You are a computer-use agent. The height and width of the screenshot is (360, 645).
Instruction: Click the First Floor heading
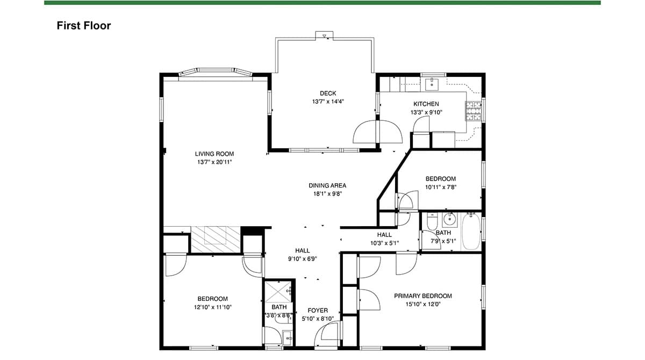coord(83,26)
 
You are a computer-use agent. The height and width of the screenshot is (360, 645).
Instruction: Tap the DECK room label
coord(328,93)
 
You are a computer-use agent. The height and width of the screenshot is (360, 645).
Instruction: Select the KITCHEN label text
coord(426,104)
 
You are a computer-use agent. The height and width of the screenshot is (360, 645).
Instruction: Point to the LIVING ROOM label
coord(214,154)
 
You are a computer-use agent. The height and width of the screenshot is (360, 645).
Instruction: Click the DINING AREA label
coord(327,185)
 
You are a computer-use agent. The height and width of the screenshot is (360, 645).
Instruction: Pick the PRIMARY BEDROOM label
coord(423,296)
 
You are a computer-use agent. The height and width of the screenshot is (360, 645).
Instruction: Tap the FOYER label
coord(318,311)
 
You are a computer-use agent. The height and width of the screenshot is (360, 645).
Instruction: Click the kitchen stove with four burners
coord(474,111)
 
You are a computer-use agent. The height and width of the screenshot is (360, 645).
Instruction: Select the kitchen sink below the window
coord(432,84)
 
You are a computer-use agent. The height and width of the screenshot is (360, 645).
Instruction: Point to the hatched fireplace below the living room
coord(216,240)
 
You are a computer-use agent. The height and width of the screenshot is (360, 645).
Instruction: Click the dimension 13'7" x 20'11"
coord(214,162)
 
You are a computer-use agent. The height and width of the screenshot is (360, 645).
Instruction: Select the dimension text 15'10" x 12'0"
coord(423,304)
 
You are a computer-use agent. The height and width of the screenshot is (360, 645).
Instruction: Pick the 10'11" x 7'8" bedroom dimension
coord(441,187)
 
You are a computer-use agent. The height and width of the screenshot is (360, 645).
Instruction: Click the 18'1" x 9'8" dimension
coord(327,194)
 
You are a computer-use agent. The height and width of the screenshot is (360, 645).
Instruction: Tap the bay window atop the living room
coord(216,72)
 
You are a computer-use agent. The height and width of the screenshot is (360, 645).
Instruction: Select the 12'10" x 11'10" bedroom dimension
coord(213,307)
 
